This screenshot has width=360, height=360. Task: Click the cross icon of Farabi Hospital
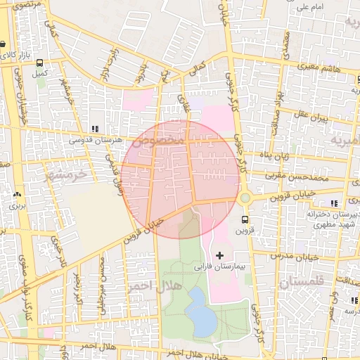point(219,254)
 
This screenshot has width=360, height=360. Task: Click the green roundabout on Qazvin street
point(245,199)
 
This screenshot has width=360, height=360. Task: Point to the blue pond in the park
point(202,311)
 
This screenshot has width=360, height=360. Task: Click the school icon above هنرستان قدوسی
point(94,129)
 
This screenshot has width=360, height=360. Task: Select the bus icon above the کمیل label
point(39,62)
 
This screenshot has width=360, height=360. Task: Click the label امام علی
point(311,7)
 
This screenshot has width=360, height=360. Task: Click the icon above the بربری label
point(16,195)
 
